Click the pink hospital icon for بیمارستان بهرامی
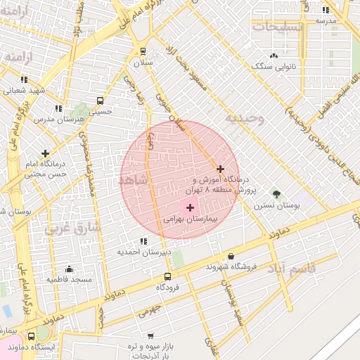190,208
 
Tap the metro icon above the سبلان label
143,51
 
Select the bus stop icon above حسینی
100,101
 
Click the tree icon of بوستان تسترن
276,194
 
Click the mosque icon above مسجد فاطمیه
70,269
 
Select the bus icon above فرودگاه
167,276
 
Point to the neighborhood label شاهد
134,181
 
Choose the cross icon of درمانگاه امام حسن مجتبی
46,153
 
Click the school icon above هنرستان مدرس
58,108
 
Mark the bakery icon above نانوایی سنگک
274,56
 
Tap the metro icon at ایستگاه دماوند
31,337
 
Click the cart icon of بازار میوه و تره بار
150,336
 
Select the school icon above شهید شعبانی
24,80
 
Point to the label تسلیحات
278,27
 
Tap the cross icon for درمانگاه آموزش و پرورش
221,169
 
